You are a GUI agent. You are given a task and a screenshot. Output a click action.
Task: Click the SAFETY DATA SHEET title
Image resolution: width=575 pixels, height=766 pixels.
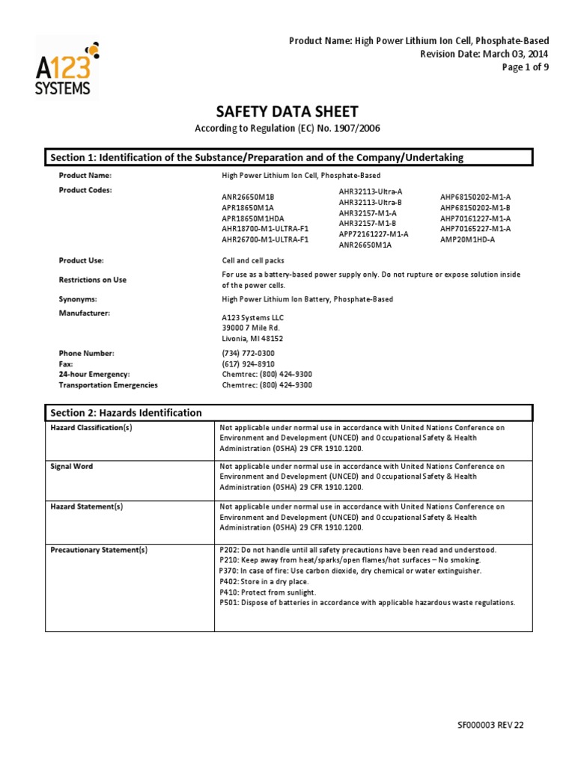pyautogui.click(x=287, y=111)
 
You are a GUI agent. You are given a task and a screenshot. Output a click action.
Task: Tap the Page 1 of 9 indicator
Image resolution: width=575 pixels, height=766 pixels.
pyautogui.click(x=525, y=67)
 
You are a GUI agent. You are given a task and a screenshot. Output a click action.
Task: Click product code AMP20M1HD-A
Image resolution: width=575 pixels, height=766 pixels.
pyautogui.click(x=468, y=239)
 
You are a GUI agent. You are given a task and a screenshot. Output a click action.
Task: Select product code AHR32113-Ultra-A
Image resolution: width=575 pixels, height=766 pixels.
pyautogui.click(x=370, y=191)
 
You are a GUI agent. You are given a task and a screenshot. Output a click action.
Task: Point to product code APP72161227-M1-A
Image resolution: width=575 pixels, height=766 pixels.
pyautogui.click(x=373, y=234)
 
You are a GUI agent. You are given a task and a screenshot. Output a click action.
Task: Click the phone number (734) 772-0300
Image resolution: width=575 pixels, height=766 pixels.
pyautogui.click(x=248, y=353)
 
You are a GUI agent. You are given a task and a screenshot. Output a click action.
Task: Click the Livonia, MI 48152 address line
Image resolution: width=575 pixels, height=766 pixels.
pyautogui.click(x=252, y=338)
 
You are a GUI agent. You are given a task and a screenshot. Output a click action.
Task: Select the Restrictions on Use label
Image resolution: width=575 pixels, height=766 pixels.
pyautogui.click(x=93, y=280)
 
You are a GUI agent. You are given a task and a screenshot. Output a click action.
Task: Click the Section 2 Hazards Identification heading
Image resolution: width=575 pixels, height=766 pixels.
pyautogui.click(x=126, y=412)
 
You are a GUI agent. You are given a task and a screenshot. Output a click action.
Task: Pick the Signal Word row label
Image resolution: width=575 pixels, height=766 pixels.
pyautogui.click(x=72, y=466)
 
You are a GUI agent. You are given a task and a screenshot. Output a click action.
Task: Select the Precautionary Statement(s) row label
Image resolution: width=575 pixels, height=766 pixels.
pyautogui.click(x=99, y=550)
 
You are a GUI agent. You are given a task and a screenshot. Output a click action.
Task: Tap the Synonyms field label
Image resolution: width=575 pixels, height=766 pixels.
pyautogui.click(x=78, y=299)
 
